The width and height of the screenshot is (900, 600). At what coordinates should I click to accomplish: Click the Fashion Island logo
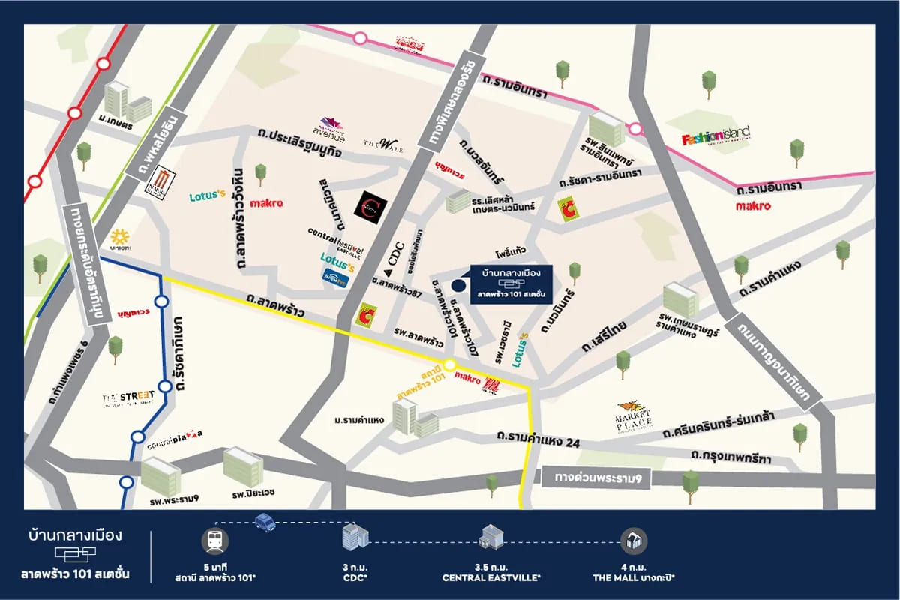click(715, 138)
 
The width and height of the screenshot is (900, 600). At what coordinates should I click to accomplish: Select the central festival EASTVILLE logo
click(334, 232)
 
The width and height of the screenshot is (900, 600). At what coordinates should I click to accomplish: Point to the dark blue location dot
click(458, 284)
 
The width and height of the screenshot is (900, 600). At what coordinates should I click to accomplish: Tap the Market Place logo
click(634, 415)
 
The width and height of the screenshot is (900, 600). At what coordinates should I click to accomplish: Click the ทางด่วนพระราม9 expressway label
click(600, 478)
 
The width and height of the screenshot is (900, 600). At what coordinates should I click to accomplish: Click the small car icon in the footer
click(265, 522)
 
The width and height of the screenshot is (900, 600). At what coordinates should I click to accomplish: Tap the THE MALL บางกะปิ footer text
click(634, 578)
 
